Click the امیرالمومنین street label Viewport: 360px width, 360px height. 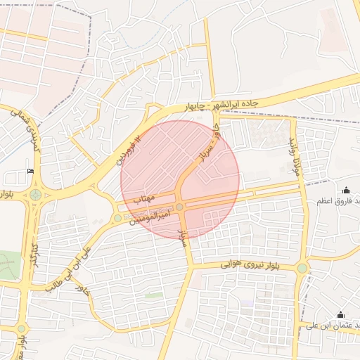(x=150, y=214)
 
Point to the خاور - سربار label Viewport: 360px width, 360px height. (x=209, y=146)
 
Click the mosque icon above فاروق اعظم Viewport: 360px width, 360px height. (x=346, y=189)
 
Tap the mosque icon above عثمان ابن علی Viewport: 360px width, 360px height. (x=341, y=314)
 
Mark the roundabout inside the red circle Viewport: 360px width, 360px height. (x=180, y=207)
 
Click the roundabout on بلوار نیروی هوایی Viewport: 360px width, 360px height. (x=302, y=268)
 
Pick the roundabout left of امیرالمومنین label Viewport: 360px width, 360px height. (x=117, y=218)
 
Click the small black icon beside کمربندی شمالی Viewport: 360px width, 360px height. (x=30, y=171)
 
